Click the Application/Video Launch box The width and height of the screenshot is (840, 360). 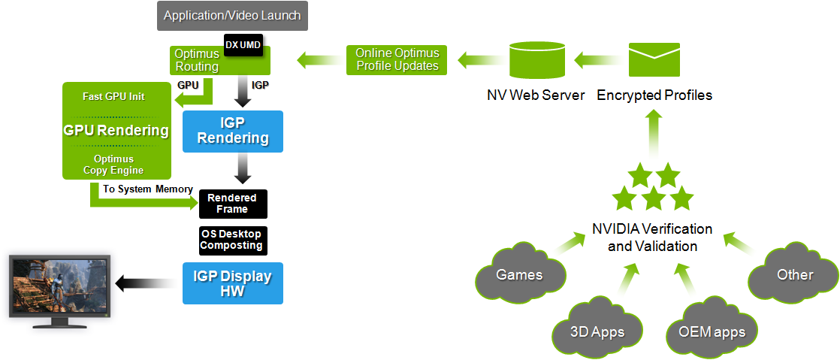(232, 16)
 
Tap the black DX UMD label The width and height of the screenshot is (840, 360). (243, 46)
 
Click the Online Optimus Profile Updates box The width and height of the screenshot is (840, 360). (397, 60)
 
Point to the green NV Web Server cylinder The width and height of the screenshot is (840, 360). (536, 59)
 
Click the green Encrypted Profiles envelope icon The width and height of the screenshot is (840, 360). (654, 59)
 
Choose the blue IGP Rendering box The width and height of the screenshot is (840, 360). (233, 131)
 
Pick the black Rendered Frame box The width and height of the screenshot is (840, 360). (232, 203)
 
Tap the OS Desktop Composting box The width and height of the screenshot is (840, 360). (232, 240)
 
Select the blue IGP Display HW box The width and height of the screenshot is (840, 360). (233, 283)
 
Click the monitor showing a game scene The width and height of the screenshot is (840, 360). (59, 289)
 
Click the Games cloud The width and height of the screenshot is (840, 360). (520, 274)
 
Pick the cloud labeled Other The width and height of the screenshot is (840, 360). (794, 274)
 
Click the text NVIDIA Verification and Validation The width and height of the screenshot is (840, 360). (651, 237)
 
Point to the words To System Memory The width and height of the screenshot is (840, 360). (148, 189)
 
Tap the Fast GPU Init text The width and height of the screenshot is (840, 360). (113, 97)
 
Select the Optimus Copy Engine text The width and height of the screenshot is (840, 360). (113, 165)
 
